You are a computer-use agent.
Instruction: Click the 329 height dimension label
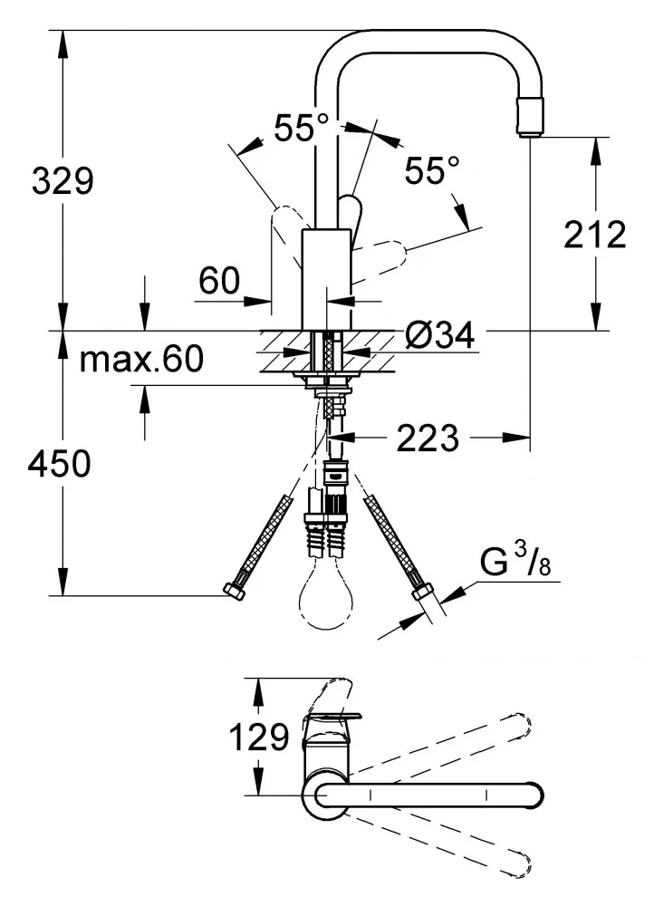point(63,181)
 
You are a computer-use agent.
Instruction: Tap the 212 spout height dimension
point(594,235)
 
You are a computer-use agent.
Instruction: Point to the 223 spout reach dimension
point(428,439)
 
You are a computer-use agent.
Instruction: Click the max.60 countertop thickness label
point(141,360)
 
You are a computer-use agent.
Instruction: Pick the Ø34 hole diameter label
point(440,336)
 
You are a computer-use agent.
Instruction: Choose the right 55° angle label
point(432,169)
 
